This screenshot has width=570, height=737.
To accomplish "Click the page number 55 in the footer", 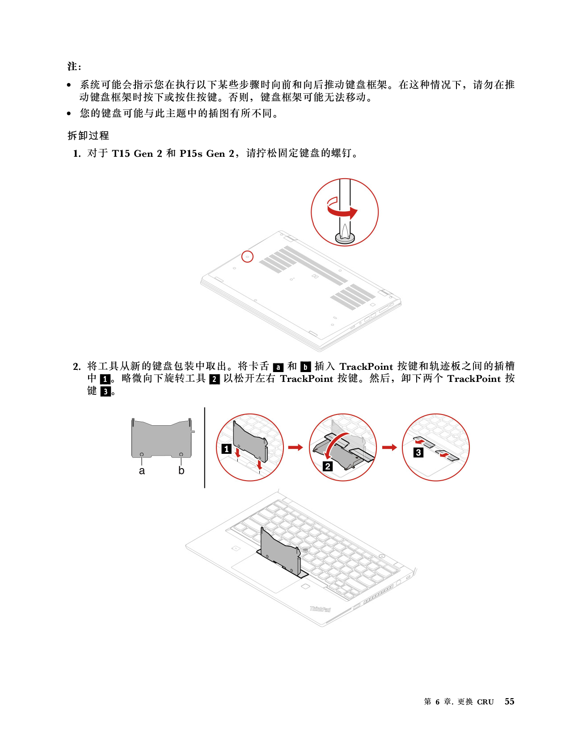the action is click(x=509, y=701).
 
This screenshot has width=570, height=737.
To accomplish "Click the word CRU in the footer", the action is click(x=485, y=702).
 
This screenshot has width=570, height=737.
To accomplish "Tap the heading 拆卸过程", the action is click(x=88, y=136).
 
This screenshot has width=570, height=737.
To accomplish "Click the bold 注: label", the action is click(x=74, y=66).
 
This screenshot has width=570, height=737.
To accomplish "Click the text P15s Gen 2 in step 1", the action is click(x=207, y=154).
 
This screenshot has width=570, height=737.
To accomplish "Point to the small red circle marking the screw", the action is click(x=247, y=256).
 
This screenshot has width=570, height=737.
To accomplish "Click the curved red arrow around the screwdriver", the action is click(x=343, y=210).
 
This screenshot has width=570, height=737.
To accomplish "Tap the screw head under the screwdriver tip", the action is click(x=345, y=238).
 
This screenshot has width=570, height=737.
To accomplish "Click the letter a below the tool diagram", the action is click(x=142, y=471).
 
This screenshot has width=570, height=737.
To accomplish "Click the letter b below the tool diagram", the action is click(x=182, y=470).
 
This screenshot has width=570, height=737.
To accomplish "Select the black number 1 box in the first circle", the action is click(x=227, y=449).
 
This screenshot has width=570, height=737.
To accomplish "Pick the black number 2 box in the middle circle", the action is click(x=328, y=466).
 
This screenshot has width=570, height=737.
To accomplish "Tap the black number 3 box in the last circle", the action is click(x=418, y=452).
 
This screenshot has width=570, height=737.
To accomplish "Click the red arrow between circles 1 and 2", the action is click(x=296, y=448).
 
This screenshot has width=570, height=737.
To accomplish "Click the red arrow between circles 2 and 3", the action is click(x=389, y=448).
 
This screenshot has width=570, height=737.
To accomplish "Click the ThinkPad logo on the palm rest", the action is click(x=320, y=609).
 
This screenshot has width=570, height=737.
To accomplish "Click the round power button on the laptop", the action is click(x=382, y=557).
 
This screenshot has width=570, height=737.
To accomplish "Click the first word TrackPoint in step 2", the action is click(x=366, y=367).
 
